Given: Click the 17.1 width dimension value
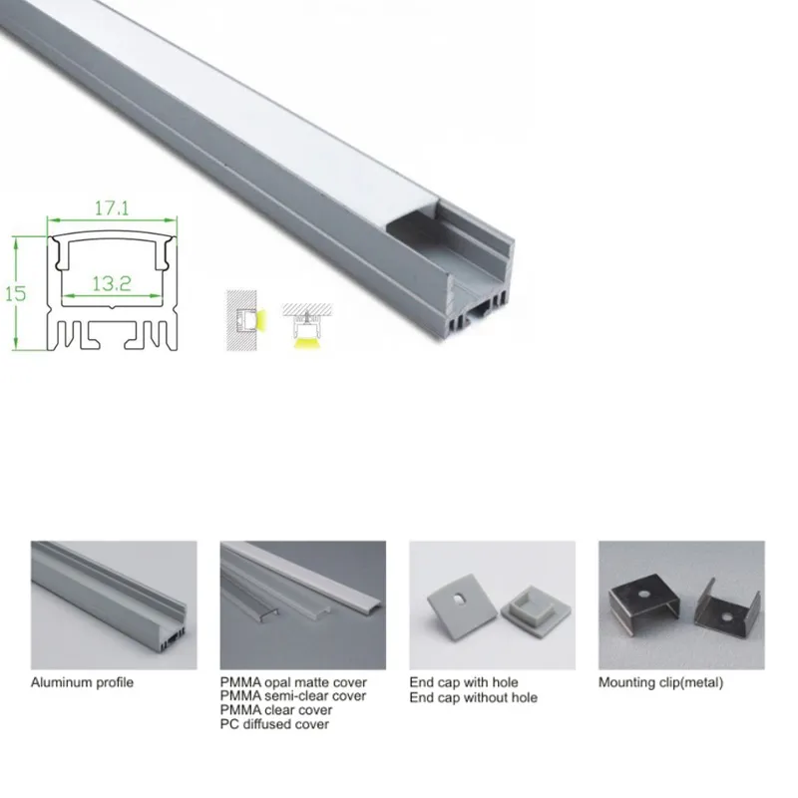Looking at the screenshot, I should (x=111, y=210).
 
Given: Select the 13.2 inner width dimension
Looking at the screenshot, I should (x=112, y=283).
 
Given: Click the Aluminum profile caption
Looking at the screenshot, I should (x=82, y=683).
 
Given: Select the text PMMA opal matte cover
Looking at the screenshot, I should (x=293, y=683).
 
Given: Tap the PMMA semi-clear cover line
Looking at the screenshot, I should (x=293, y=696).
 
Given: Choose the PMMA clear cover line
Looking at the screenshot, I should (x=277, y=710).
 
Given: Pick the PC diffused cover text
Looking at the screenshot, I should (x=274, y=724).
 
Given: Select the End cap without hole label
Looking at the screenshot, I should (x=473, y=697).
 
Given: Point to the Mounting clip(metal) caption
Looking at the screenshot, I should (x=660, y=683).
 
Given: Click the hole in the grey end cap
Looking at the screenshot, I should (x=458, y=600).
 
